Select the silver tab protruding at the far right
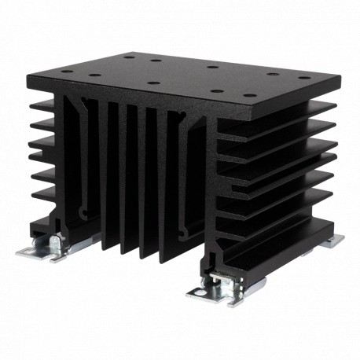[x=333, y=238]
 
